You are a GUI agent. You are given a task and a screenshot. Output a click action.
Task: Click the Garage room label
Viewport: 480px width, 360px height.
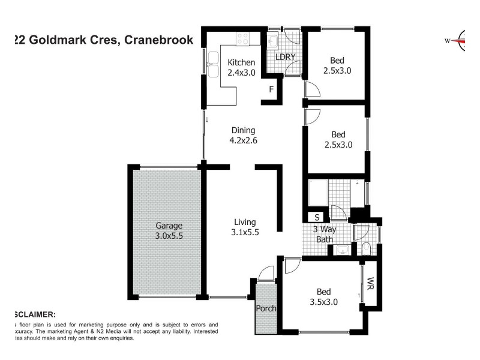point(169,231)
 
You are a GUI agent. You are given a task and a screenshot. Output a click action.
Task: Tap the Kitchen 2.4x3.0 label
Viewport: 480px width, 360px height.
point(241,67)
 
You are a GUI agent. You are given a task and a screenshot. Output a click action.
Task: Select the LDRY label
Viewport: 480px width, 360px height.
point(285,58)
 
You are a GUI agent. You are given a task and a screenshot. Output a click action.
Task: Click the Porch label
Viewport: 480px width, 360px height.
point(265,309)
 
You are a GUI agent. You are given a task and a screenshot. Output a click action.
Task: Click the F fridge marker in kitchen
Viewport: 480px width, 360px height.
point(271,89)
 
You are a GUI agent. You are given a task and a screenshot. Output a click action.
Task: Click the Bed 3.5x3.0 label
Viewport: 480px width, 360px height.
point(324,296)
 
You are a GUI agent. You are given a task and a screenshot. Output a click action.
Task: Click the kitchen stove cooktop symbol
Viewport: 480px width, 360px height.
point(242,38)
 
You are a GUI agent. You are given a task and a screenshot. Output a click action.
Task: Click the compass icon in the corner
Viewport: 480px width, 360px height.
point(464,41)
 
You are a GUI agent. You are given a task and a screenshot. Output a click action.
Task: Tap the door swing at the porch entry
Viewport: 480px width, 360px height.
point(265,275)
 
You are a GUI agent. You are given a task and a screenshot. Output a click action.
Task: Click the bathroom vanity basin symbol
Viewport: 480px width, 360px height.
point(343,250)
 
